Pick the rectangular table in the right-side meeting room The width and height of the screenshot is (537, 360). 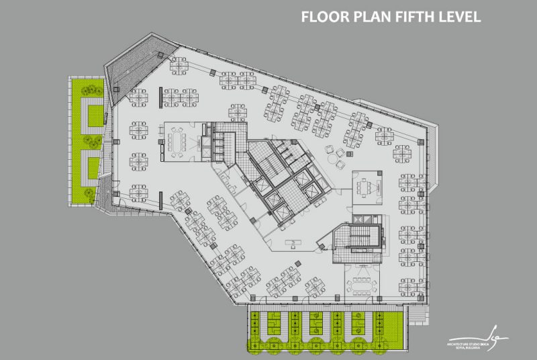pyautogui.click(x=367, y=185)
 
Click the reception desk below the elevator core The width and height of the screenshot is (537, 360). pyautogui.click(x=294, y=241)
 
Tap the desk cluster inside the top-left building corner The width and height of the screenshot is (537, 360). pyautogui.click(x=179, y=65)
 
